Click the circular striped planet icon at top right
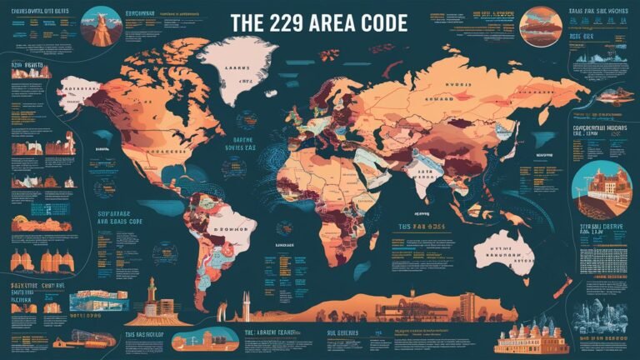pos(540,24)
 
